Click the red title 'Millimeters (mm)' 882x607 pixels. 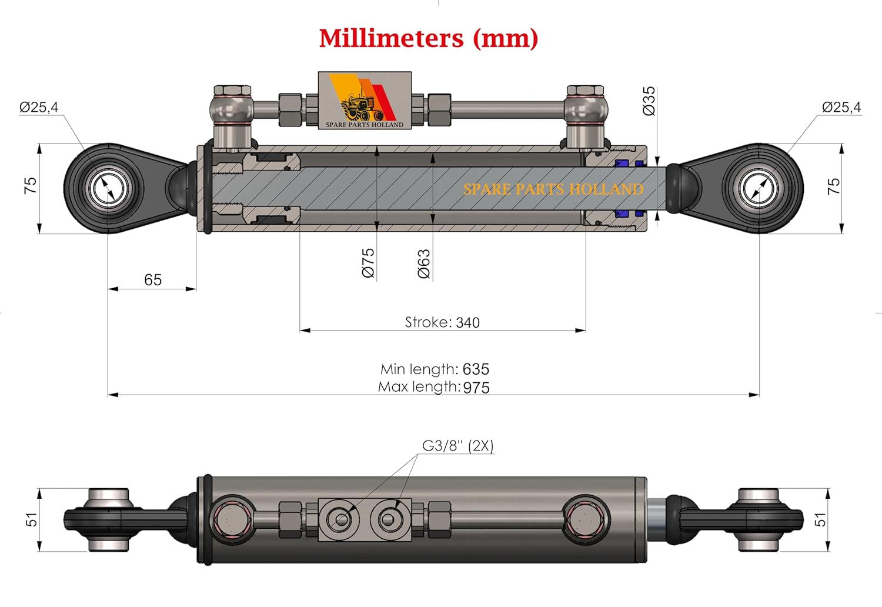(x=428, y=38)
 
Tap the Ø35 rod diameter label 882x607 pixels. (x=649, y=101)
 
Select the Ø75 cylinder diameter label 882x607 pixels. (x=368, y=262)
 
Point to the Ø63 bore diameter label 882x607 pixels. (x=424, y=263)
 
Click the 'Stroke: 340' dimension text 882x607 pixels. (x=442, y=322)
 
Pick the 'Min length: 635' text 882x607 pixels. (x=435, y=369)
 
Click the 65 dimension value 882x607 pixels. (x=153, y=280)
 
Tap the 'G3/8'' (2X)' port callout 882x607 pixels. (x=457, y=446)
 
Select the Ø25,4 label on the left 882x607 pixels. (x=39, y=107)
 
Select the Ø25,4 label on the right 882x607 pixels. (x=841, y=107)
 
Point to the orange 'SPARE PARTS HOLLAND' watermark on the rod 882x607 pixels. (x=553, y=189)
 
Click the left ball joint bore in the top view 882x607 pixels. (x=108, y=189)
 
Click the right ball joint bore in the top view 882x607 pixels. (x=759, y=189)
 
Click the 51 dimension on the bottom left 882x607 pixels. (x=31, y=519)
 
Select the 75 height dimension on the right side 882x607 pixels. (x=833, y=186)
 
